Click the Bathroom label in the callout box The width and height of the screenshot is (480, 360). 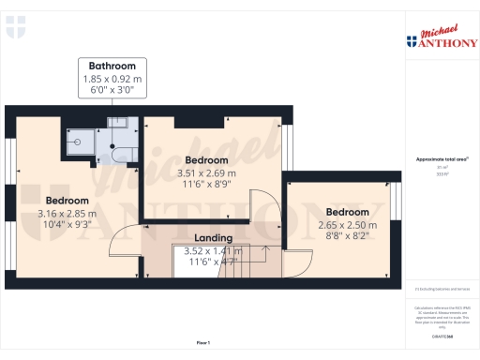pos(112,67)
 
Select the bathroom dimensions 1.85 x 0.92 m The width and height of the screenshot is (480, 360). pos(112,80)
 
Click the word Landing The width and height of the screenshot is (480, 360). pos(214,238)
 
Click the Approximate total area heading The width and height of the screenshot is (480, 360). pos(442,159)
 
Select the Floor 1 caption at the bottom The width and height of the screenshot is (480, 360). pos(202,343)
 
